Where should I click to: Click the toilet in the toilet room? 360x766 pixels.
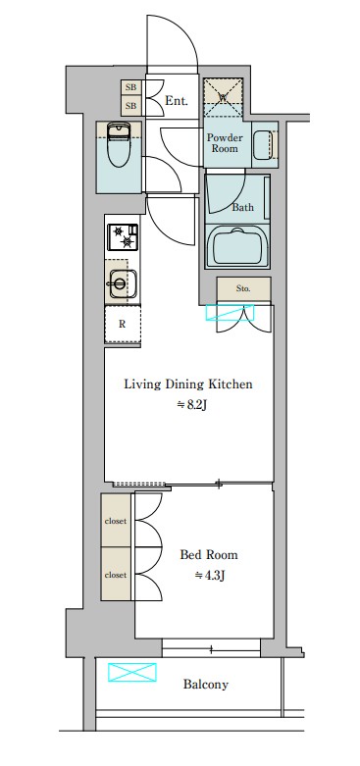pyautogui.click(x=117, y=145)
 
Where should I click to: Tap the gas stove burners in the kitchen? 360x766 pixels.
pyautogui.click(x=123, y=237)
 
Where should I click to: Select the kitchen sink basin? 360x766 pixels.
pyautogui.click(x=123, y=282)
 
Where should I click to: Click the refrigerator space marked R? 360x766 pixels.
pyautogui.click(x=123, y=324)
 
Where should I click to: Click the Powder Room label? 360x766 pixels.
pyautogui.click(x=225, y=142)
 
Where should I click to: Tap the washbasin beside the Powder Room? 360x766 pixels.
pyautogui.click(x=264, y=144)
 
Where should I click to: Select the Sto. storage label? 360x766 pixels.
pyautogui.click(x=243, y=288)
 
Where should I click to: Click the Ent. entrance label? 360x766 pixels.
pyautogui.click(x=177, y=101)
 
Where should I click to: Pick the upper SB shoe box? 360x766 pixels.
pyautogui.click(x=130, y=88)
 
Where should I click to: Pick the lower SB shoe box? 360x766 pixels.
pyautogui.click(x=130, y=106)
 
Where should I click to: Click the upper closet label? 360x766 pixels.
pyautogui.click(x=116, y=521)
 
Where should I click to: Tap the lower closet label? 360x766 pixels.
pyautogui.click(x=116, y=575)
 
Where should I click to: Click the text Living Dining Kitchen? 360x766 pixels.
pyautogui.click(x=188, y=384)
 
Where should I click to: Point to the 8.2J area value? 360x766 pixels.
pyautogui.click(x=192, y=405)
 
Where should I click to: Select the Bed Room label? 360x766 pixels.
pyautogui.click(x=209, y=555)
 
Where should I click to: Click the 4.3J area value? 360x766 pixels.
pyautogui.click(x=210, y=576)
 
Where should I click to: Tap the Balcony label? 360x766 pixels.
pyautogui.click(x=206, y=685)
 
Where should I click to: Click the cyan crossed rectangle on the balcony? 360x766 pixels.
pyautogui.click(x=131, y=672)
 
